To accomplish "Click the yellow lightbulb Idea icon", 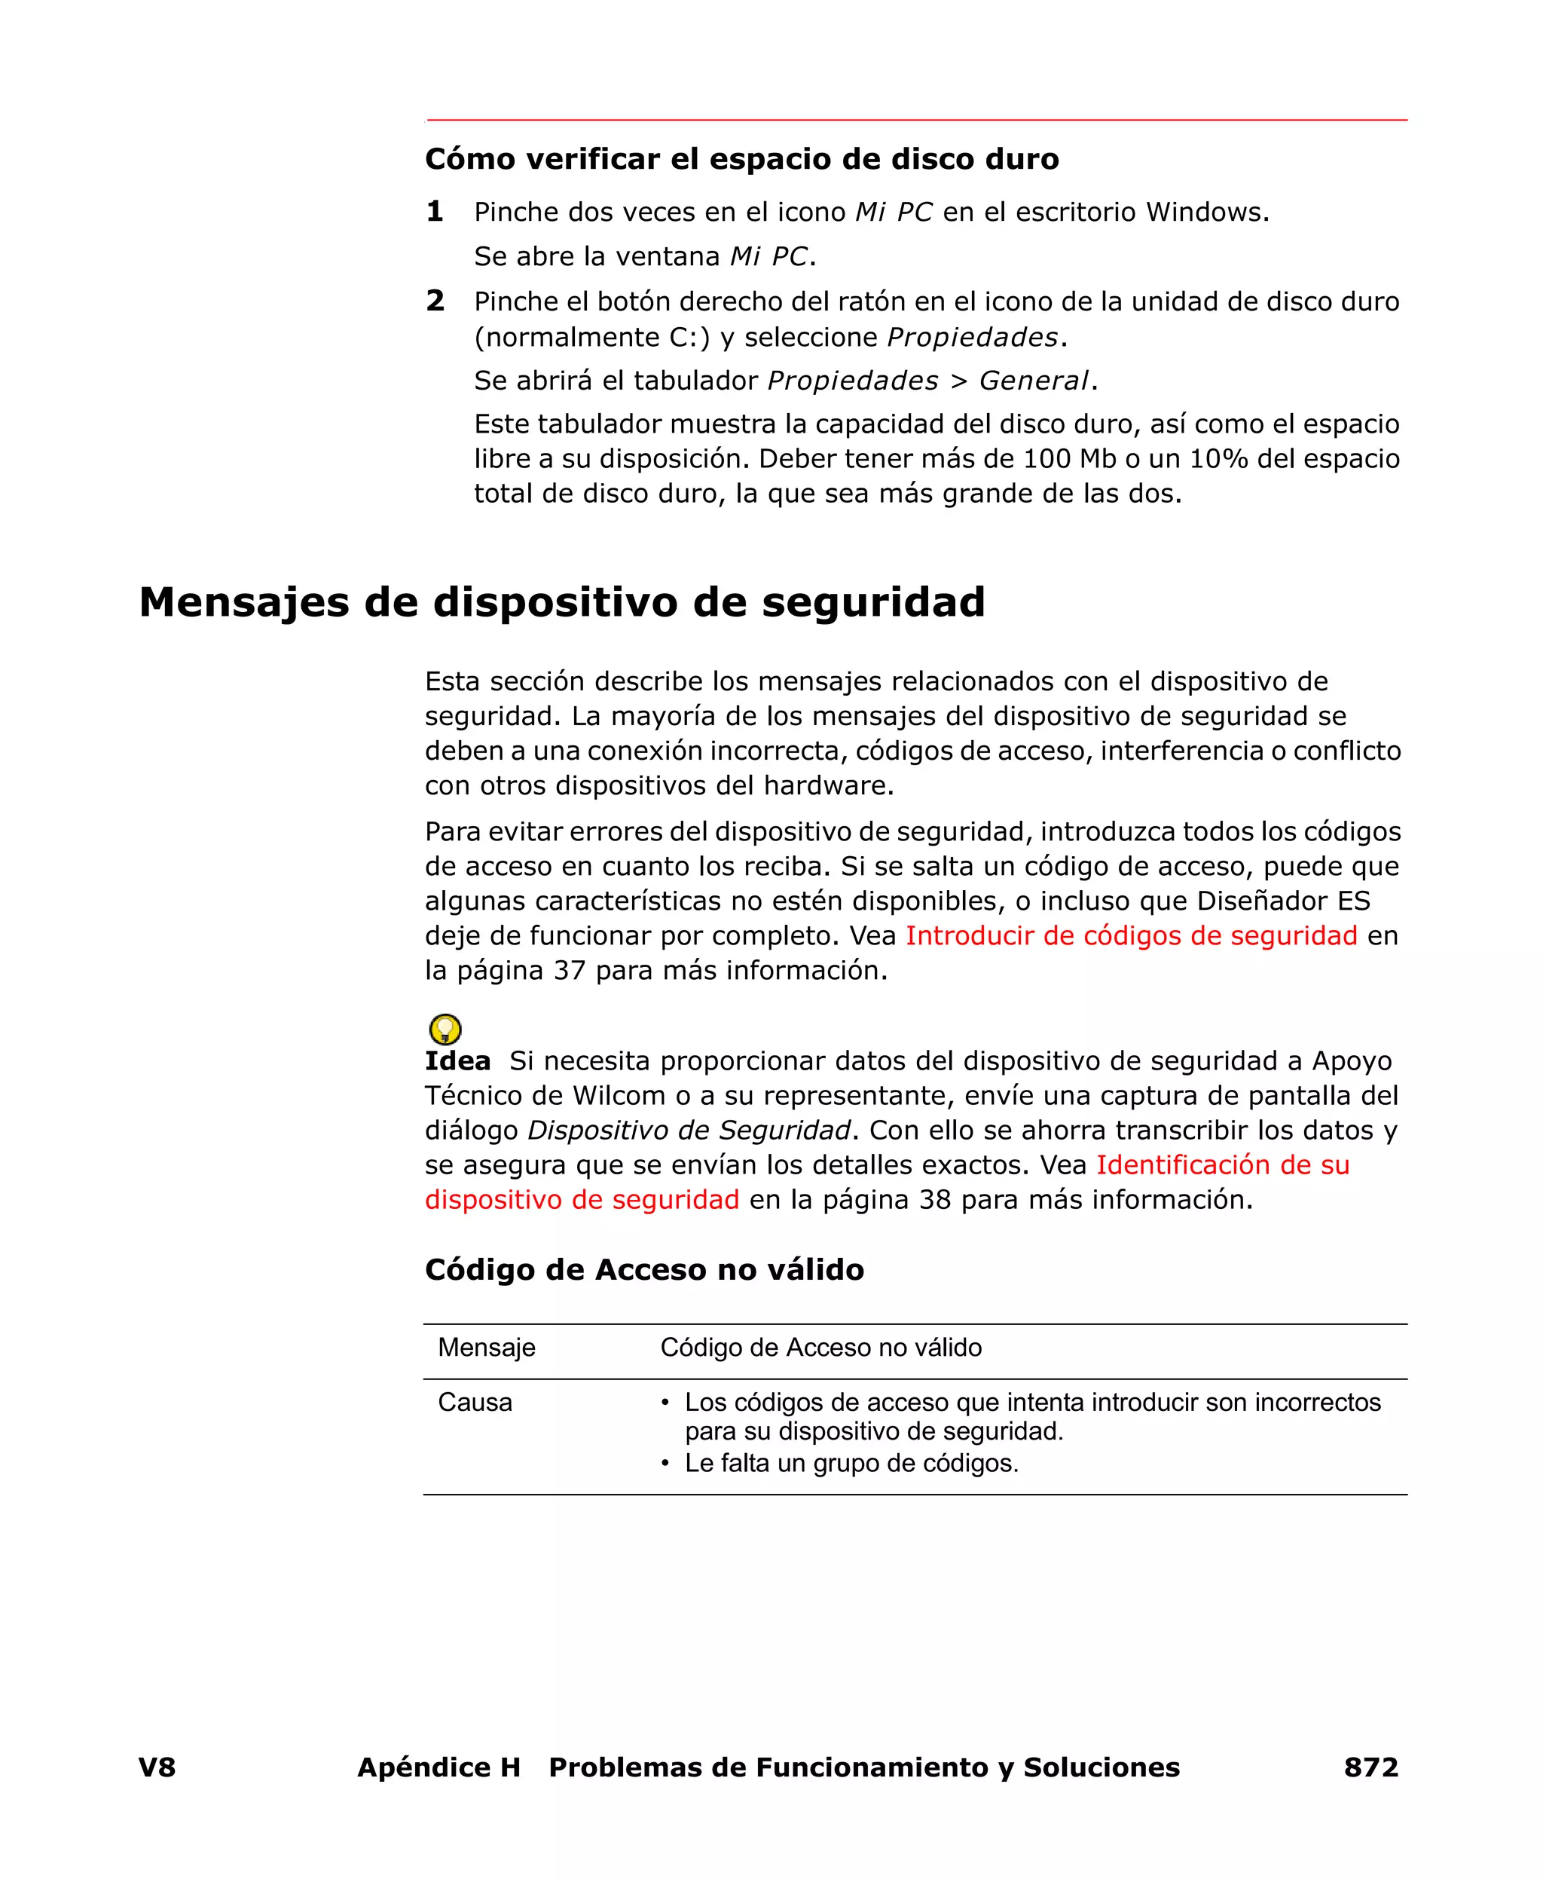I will click(x=445, y=1030).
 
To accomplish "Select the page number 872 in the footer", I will click(x=1370, y=1767).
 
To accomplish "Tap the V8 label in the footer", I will click(x=157, y=1767).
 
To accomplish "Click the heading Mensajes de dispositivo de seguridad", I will click(x=562, y=602).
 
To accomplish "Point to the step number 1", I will click(x=435, y=212).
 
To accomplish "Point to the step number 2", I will click(x=435, y=301).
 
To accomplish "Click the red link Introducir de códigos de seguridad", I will click(x=1131, y=935).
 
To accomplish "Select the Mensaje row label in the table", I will click(x=486, y=1347).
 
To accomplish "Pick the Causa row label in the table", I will click(x=475, y=1402).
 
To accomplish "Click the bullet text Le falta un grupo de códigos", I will click(x=851, y=1462).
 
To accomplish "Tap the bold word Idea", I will click(x=457, y=1060).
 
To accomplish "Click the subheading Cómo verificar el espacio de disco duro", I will click(x=741, y=159).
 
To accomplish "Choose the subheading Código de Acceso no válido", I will click(x=643, y=1268).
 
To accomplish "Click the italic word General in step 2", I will click(x=1033, y=381).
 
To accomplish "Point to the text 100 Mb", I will click(x=1069, y=459).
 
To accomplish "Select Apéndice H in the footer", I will click(x=438, y=1767).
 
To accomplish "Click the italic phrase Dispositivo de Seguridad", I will click(x=689, y=1130).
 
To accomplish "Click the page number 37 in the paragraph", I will click(x=569, y=970).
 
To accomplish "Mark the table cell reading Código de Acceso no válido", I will click(x=820, y=1347).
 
